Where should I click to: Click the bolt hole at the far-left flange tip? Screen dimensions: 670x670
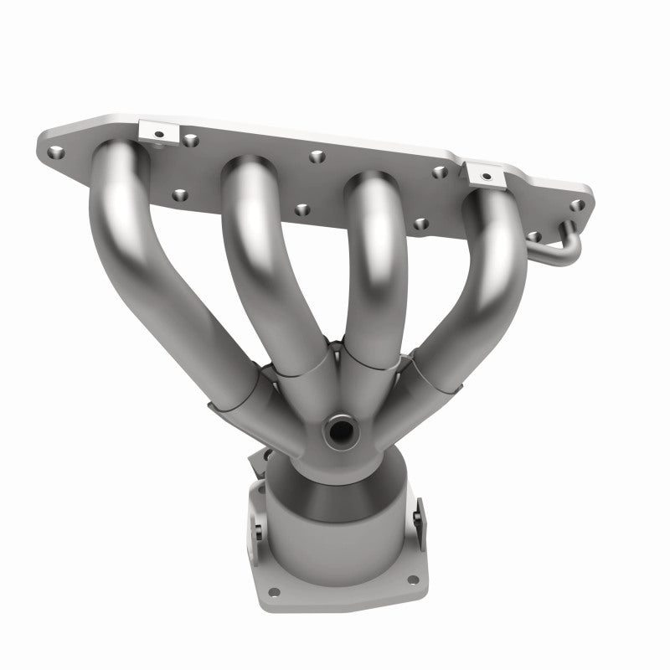point(56,152)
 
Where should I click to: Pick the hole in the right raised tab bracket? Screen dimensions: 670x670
point(485,174)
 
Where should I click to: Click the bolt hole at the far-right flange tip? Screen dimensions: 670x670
point(576,205)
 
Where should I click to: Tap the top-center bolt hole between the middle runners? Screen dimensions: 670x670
point(316,156)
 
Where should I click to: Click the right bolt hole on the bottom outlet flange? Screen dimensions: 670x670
point(410,580)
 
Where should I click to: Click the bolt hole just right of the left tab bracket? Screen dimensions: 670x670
point(191,140)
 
